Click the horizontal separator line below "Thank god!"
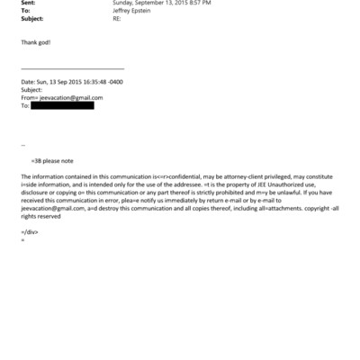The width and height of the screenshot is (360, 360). [x=72, y=68]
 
